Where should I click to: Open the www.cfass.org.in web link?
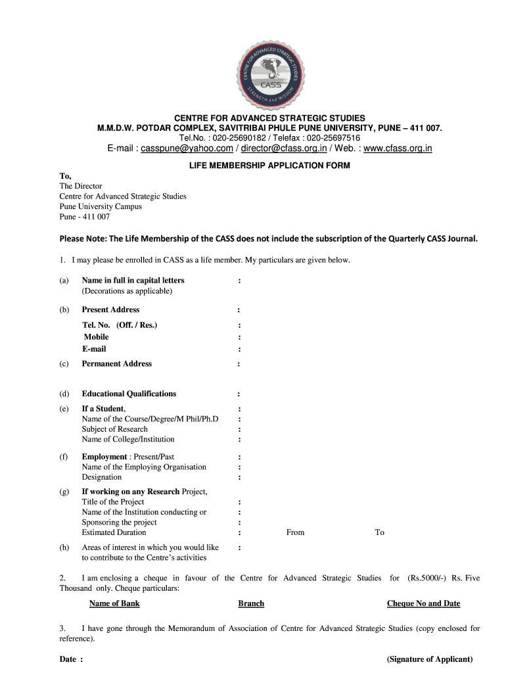coord(398,149)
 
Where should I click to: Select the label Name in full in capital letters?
coord(133,281)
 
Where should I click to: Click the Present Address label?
coord(110,310)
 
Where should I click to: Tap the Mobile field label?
coord(96,337)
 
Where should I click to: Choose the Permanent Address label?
coord(116,363)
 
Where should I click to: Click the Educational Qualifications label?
coord(129,394)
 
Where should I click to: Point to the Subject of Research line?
coord(114,429)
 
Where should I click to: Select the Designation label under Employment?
coord(101,477)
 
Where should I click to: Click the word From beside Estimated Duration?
coord(295,532)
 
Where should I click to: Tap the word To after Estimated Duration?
coord(379,532)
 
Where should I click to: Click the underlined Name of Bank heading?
coord(114,603)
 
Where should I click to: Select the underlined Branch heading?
coord(251,603)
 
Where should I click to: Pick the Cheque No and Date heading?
coord(423,603)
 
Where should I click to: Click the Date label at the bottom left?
coord(71,659)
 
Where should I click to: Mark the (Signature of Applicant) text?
coord(430,659)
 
